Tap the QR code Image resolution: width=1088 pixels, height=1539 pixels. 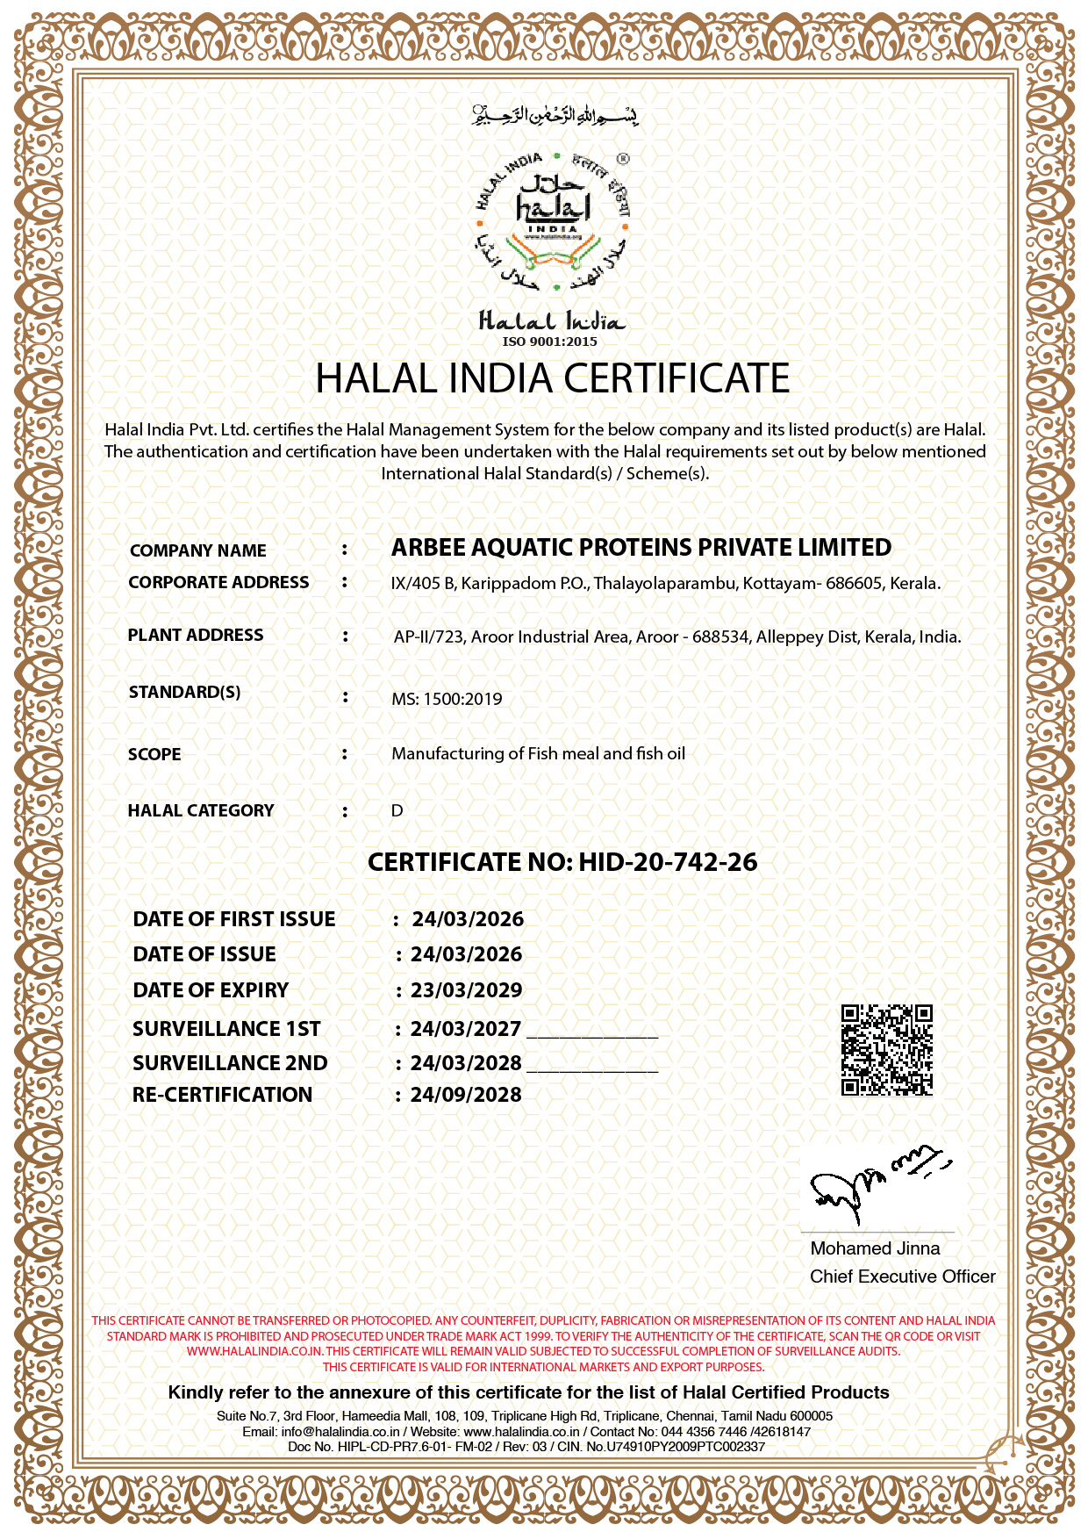tap(886, 1050)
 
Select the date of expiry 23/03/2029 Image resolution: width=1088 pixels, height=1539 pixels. tap(466, 990)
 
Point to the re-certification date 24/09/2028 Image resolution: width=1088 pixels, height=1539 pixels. tap(466, 1095)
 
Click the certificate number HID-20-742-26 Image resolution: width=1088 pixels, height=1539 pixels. tap(668, 862)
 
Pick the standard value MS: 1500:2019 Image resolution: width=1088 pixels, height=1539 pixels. tap(447, 700)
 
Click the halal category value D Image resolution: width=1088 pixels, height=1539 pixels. tap(397, 810)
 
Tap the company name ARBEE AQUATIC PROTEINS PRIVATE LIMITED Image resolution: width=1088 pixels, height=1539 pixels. tap(641, 548)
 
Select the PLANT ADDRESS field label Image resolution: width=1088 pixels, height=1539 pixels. tap(195, 635)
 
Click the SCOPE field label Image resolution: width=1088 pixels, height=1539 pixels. tap(154, 754)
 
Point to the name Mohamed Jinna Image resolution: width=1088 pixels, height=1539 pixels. tap(875, 1248)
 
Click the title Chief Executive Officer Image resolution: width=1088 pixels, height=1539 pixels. tap(902, 1277)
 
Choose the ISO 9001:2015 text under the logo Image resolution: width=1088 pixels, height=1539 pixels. tap(549, 342)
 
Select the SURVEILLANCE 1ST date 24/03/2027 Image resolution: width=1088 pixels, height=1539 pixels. tap(466, 1028)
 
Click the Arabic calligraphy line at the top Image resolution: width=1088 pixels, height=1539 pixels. tap(555, 115)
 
